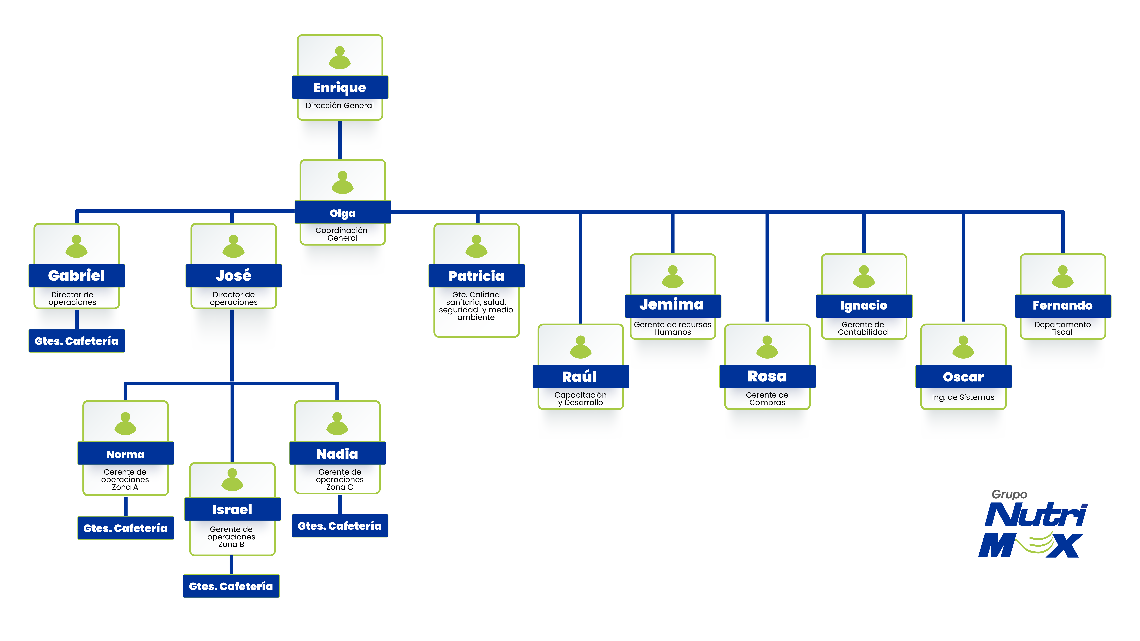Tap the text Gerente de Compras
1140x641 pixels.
click(767, 399)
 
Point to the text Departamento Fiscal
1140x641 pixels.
click(1062, 328)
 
